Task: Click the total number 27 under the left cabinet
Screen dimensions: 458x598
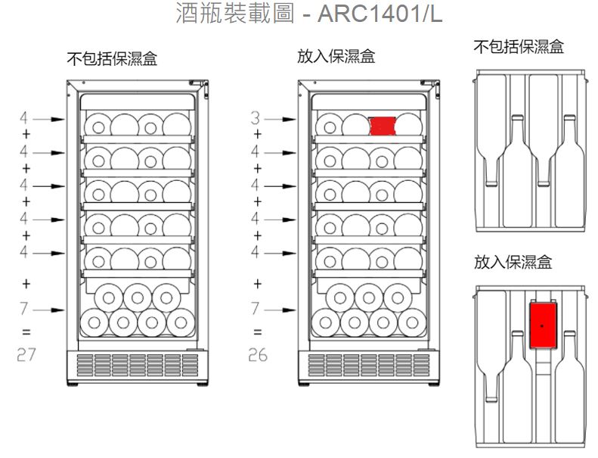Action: point(26,354)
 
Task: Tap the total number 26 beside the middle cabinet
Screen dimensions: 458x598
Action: point(258,354)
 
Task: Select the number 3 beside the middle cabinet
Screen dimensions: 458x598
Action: point(256,119)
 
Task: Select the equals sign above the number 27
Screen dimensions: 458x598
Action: point(26,332)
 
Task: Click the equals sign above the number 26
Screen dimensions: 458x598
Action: point(258,332)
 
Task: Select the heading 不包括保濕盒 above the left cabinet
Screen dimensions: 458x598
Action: point(113,60)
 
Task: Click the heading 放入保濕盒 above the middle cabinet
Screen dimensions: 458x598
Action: point(336,57)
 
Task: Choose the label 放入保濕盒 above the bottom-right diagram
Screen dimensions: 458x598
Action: point(513,263)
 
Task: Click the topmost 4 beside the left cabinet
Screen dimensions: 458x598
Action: point(25,120)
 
